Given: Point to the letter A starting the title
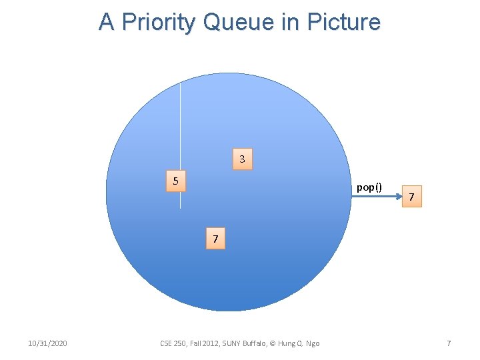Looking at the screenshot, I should point(106,22).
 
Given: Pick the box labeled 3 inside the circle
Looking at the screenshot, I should point(242,159).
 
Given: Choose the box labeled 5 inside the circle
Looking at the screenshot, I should point(175,181).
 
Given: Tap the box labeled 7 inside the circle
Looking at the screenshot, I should point(215,239).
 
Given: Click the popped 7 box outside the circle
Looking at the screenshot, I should point(412,197).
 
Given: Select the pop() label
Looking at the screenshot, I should point(369,187).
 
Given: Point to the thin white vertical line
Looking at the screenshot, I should point(180,133).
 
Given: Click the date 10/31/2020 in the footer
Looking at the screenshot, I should point(47,343).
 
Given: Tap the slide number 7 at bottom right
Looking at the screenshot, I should point(449,343).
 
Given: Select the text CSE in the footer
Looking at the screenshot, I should point(167,343).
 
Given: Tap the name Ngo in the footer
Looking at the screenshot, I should point(313,343).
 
